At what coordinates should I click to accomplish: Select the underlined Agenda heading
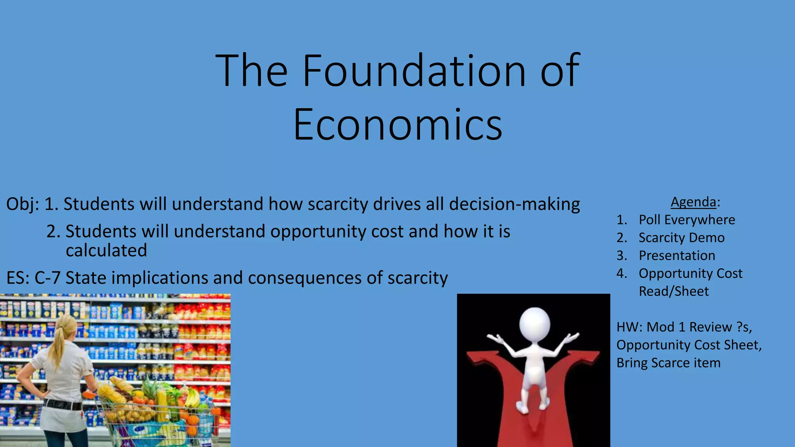693,202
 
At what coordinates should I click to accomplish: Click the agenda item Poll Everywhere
687,220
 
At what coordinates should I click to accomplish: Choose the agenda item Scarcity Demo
681,238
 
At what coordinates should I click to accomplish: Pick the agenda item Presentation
677,256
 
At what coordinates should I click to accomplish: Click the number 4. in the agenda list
621,274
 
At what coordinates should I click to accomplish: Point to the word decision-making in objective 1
514,204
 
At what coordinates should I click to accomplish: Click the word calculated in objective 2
106,251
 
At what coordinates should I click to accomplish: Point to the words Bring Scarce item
668,363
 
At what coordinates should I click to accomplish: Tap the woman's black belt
62,404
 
